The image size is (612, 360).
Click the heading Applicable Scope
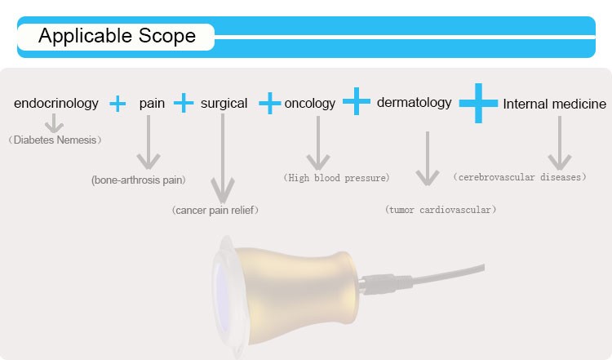click(x=117, y=36)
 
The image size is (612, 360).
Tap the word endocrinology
click(x=56, y=104)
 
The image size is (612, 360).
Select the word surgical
click(x=224, y=104)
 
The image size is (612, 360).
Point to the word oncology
click(x=310, y=104)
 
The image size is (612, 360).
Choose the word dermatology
click(x=414, y=103)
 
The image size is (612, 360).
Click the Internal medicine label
click(x=555, y=104)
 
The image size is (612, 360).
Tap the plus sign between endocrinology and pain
click(x=118, y=104)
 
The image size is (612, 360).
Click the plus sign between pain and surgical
click(x=184, y=103)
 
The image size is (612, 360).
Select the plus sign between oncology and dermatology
click(x=357, y=101)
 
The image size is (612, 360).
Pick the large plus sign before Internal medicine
click(x=478, y=103)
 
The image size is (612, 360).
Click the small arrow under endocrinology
click(x=54, y=123)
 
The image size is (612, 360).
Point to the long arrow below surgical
click(x=223, y=158)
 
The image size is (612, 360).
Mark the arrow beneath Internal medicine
click(x=560, y=143)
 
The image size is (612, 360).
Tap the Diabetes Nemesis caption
click(x=55, y=140)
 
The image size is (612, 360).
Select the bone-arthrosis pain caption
click(x=139, y=180)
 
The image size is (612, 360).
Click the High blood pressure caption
click(x=336, y=178)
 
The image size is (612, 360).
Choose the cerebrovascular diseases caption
click(x=520, y=177)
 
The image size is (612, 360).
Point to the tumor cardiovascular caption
click(x=441, y=210)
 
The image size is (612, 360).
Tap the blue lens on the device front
click(x=223, y=299)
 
